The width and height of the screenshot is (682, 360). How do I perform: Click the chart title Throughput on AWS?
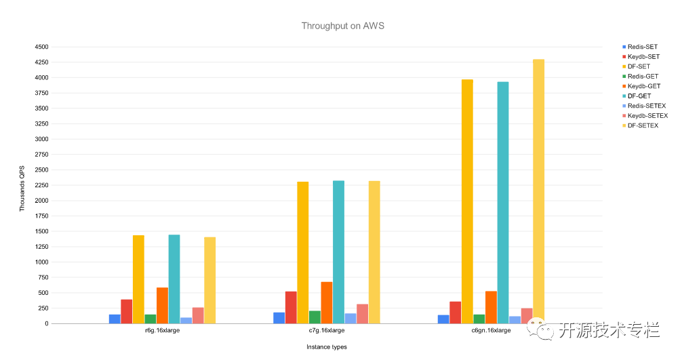(x=343, y=26)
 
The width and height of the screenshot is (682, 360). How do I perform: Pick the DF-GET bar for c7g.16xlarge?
(x=338, y=252)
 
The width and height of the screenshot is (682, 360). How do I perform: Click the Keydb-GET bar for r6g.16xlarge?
(x=162, y=306)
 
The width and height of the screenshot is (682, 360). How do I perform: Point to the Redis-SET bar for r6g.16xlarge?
(x=115, y=319)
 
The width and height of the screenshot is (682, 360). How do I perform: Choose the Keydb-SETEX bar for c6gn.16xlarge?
(x=527, y=316)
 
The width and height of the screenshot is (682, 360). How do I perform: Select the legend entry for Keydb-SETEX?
(x=647, y=115)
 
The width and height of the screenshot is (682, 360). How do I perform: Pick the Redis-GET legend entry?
(x=642, y=76)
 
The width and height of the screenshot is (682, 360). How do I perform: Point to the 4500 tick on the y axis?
(x=41, y=47)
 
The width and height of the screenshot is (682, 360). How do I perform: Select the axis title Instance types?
(x=326, y=347)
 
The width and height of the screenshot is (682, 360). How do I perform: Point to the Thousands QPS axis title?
(x=22, y=189)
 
